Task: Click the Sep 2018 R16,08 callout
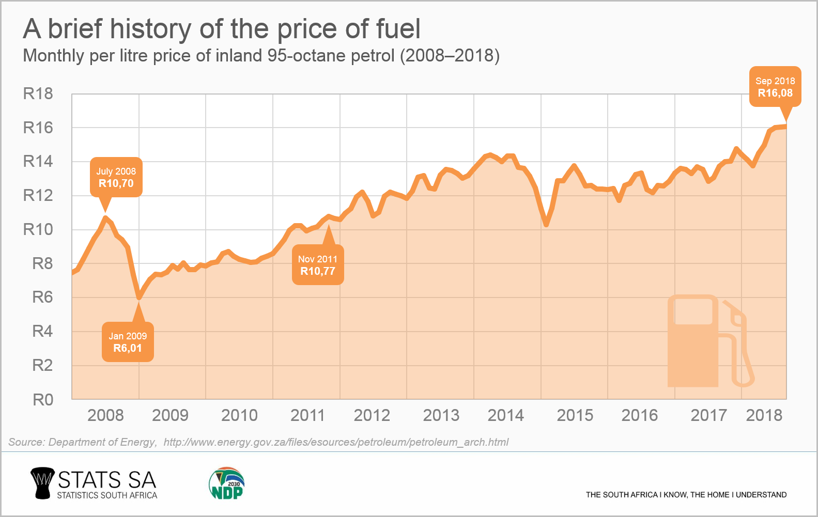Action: point(775,87)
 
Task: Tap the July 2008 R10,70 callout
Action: point(116,177)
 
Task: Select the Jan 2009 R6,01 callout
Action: point(128,342)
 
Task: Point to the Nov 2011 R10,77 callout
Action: point(318,265)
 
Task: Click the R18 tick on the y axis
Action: point(38,93)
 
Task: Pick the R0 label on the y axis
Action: point(43,399)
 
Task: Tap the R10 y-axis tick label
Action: point(38,229)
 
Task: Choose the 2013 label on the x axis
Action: point(441,415)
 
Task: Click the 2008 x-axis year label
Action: point(105,415)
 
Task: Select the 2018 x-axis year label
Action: point(764,415)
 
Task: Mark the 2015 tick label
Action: point(575,415)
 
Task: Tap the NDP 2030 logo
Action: point(227,484)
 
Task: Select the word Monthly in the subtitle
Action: point(53,56)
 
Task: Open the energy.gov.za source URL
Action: point(336,442)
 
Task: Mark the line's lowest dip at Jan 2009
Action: point(139,297)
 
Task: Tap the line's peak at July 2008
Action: point(106,218)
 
